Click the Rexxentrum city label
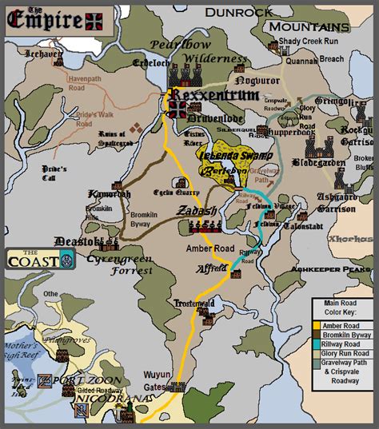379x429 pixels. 214,96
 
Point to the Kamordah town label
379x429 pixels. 110,195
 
